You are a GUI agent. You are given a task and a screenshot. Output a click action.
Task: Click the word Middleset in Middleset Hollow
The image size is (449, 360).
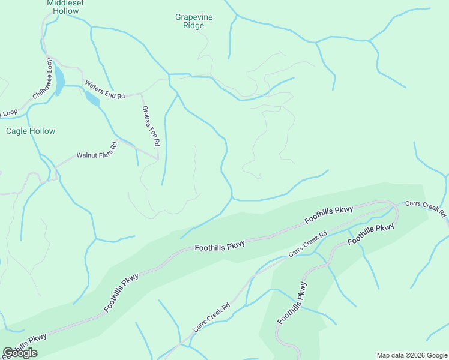coord(65,3)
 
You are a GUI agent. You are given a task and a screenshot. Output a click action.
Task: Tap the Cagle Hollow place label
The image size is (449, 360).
coord(31,131)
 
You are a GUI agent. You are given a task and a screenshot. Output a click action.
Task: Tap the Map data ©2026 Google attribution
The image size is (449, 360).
coord(412,355)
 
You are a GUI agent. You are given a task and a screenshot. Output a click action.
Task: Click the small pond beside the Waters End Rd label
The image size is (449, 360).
coord(92,98)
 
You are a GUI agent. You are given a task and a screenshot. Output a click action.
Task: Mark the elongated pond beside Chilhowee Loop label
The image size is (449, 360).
coord(59,83)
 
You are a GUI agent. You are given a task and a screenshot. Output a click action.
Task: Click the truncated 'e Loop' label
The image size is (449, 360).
coord(9,113)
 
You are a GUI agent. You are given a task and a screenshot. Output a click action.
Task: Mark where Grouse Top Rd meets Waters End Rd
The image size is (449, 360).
coord(141,94)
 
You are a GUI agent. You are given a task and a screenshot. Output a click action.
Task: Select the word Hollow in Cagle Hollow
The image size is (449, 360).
coord(41,131)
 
